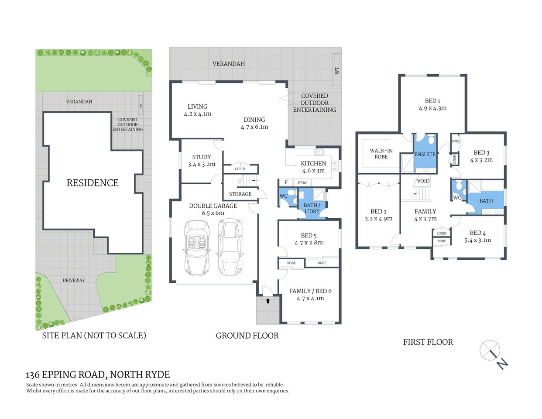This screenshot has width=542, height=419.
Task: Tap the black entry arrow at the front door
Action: click(268, 300)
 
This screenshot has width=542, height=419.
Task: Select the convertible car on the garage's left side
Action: click(197, 247)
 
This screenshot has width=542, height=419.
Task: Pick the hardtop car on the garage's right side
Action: click(230, 247)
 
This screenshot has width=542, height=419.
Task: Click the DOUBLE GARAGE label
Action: click(213, 206)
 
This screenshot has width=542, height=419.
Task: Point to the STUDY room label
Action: click(202, 157)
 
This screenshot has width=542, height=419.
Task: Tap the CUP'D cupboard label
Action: click(240, 169)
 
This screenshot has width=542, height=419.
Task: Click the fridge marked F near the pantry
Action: click(286, 182)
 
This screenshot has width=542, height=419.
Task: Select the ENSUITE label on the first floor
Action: click(425, 155)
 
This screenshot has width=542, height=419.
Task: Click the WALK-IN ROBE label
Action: click(381, 154)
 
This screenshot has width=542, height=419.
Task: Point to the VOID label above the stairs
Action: click(423, 181)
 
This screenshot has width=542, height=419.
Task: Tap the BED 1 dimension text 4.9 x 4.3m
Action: click(432, 108)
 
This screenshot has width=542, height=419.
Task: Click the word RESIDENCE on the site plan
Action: click(93, 183)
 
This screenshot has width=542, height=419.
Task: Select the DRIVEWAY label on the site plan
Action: click(74, 280)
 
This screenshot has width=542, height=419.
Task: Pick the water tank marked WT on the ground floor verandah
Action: click(336, 70)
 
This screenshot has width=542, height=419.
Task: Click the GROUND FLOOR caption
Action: click(247, 336)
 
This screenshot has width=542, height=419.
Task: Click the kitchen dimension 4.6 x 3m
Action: click(313, 171)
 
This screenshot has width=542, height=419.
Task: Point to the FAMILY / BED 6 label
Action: click(310, 291)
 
